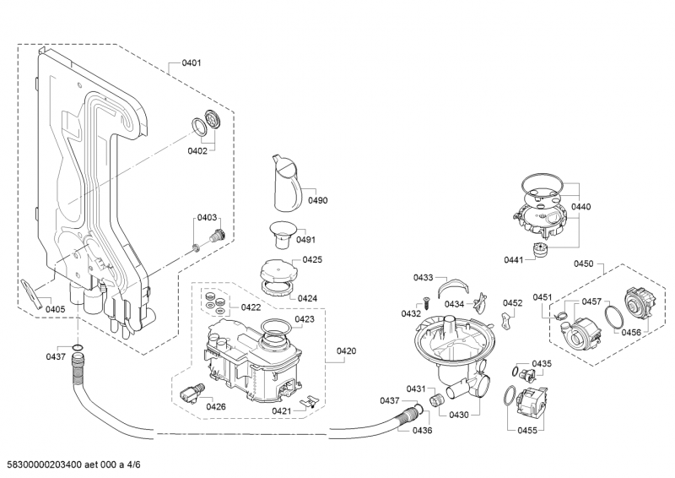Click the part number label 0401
tap(191, 62)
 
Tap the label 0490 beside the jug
tap(317, 200)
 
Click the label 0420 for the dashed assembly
tap(346, 350)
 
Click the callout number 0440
tap(580, 206)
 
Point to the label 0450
tap(584, 263)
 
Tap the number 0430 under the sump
tap(459, 415)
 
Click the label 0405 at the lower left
tap(56, 309)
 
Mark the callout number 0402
tap(197, 151)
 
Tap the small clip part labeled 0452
tap(507, 322)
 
